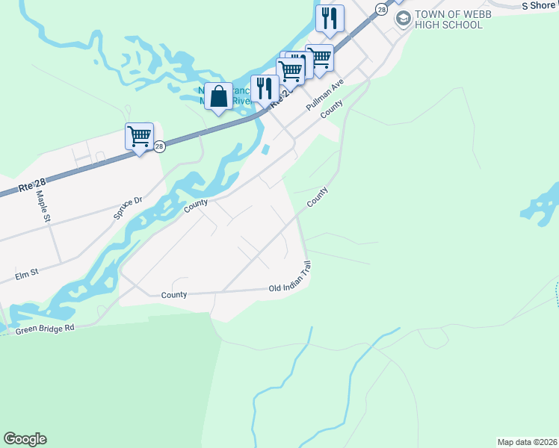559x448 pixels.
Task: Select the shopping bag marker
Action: (218, 97)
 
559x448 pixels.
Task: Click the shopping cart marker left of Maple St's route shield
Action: (140, 137)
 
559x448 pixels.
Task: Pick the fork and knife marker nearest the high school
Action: (330, 18)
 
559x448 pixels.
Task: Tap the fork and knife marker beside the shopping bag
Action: (265, 89)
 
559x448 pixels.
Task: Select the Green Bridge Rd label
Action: (46, 328)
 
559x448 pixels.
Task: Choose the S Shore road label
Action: (539, 5)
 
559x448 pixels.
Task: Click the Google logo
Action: (25, 439)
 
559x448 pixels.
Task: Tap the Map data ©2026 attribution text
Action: (526, 442)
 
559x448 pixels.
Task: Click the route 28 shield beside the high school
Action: (382, 9)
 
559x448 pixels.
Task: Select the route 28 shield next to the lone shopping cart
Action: (159, 147)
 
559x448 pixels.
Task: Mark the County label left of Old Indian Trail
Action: (174, 295)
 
